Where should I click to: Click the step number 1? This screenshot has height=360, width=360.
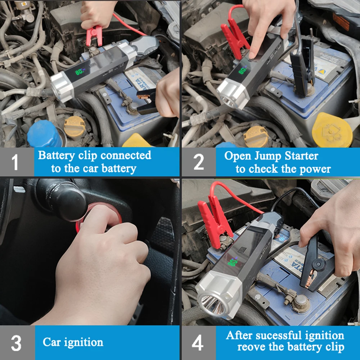click(15, 162)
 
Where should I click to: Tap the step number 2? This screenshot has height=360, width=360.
click(199, 162)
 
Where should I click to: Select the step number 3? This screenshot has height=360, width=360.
click(16, 343)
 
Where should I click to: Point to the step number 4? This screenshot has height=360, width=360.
click(198, 343)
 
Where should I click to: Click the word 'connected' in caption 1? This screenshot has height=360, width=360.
click(126, 155)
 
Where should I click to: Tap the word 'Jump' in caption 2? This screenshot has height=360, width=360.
click(268, 156)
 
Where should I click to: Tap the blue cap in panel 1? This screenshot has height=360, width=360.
click(45, 134)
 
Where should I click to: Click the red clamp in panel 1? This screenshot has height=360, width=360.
click(94, 36)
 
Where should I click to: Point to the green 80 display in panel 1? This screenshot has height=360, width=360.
click(80, 72)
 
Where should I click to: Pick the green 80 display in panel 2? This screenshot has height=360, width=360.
click(242, 71)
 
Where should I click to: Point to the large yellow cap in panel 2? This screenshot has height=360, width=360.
click(332, 130)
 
